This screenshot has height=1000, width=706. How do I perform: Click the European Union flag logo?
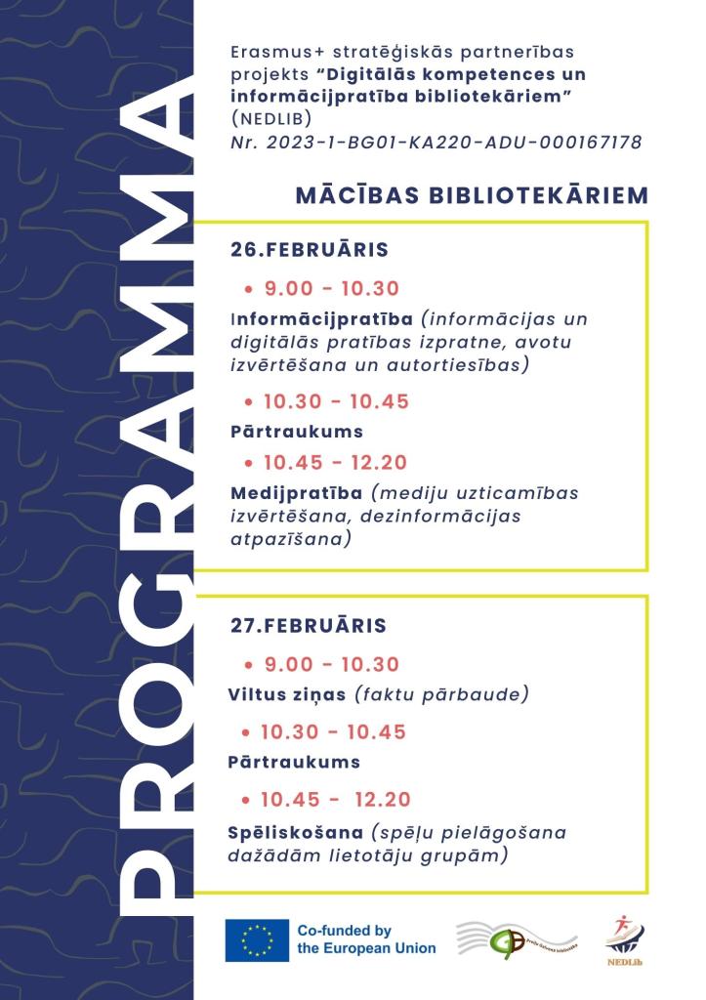(257, 940)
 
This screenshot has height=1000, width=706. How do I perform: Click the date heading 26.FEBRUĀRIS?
(310, 250)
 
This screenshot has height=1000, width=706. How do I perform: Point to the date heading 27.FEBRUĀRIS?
(309, 625)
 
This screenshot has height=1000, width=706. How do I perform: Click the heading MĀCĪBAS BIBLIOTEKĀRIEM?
(472, 195)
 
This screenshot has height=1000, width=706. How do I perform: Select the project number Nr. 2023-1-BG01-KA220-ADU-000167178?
(436, 143)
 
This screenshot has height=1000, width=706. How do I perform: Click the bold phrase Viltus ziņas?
(288, 695)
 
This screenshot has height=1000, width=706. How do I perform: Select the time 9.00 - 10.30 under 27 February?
(332, 665)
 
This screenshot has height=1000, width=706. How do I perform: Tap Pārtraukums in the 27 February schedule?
(295, 762)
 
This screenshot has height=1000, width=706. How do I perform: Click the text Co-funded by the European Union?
(366, 939)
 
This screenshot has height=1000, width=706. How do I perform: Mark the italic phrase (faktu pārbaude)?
(441, 695)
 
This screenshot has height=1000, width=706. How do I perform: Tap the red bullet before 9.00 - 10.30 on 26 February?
(249, 290)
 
